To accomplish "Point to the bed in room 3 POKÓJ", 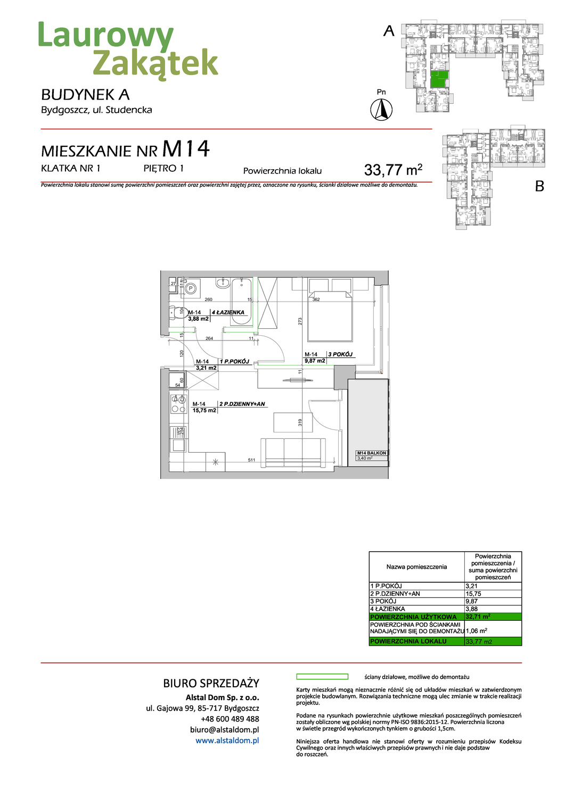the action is coord(330,316).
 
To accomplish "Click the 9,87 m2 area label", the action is coord(315,361).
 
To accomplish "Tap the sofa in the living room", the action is coord(293,453).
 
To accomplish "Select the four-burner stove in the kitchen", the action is coord(178,404).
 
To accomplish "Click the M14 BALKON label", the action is coord(372,453).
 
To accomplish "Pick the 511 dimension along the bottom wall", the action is coord(251,460).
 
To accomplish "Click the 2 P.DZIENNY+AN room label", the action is coord(242,404).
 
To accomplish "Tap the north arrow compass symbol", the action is coord(381,110).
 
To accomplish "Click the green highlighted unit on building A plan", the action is coord(438,80).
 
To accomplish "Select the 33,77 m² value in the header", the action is coord(393,170).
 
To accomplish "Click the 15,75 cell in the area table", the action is coord(473,594).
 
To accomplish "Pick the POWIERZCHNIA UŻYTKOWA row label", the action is coord(413,617).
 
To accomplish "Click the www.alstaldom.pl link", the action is coord(227,741).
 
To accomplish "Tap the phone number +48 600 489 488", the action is coord(230,719).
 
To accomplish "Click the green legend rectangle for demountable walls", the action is coord(322,677).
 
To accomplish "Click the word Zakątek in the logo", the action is coord(155,63).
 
